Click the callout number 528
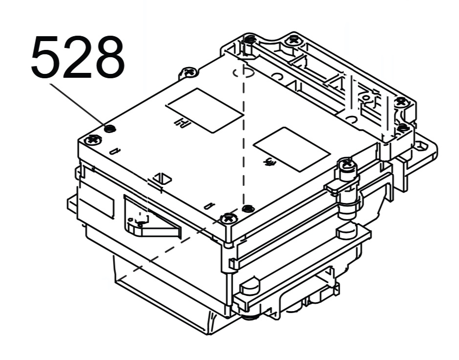[78, 57]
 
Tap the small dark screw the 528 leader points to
[109, 128]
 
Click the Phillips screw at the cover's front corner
[229, 218]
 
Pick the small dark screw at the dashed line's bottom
[248, 208]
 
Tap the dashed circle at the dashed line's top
[242, 73]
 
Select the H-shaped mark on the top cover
[182, 123]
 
